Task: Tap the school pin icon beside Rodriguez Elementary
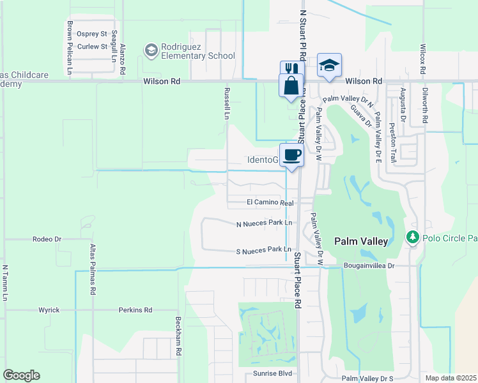click(x=151, y=50)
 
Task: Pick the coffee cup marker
click(x=291, y=154)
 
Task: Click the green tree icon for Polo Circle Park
click(x=412, y=238)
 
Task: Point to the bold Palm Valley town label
click(x=361, y=241)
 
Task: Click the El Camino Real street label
click(x=270, y=202)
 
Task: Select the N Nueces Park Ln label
click(x=264, y=223)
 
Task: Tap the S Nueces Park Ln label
click(x=264, y=250)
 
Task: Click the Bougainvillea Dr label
click(x=369, y=264)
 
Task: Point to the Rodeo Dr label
click(x=47, y=239)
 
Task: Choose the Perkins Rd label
click(x=135, y=310)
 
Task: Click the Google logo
click(x=21, y=375)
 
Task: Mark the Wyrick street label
click(x=49, y=310)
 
